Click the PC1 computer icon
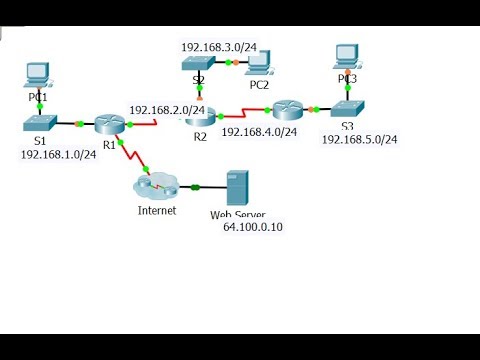coord(37,72)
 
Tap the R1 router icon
coord(109,124)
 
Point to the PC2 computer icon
coord(259,62)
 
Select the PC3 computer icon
coord(346,54)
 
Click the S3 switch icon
coord(347,108)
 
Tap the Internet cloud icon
coord(157,186)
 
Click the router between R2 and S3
coord(287,109)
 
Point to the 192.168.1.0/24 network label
coord(58,155)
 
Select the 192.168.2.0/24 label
coord(167,110)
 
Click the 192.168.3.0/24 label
coord(219,46)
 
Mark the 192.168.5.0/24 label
coord(359,139)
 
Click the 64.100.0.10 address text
coord(253,227)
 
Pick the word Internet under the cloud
coord(157,210)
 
